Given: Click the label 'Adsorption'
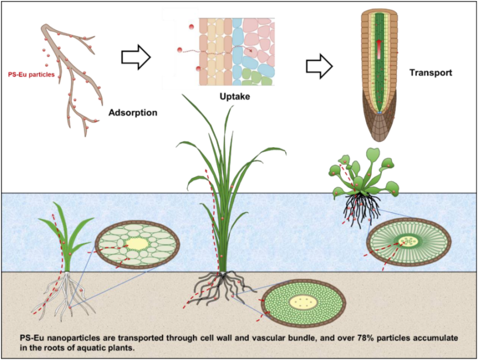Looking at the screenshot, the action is [x=133, y=113].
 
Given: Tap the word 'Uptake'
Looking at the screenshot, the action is [x=235, y=97].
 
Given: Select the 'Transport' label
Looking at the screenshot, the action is [x=430, y=73].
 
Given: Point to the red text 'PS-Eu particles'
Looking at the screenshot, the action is [x=32, y=74].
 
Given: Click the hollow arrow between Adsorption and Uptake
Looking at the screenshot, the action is [x=136, y=57].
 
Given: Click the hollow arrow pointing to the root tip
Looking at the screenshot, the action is [x=319, y=66].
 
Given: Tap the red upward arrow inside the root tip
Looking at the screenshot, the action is [x=379, y=49].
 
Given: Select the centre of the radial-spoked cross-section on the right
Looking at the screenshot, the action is [x=408, y=242].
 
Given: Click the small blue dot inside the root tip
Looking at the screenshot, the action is [x=379, y=113].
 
